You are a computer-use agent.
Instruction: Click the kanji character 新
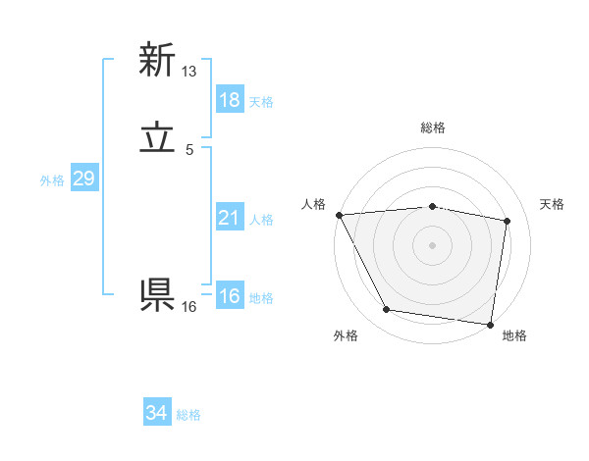(156, 61)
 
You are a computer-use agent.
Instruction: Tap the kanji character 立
(156, 139)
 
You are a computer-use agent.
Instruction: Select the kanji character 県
(156, 294)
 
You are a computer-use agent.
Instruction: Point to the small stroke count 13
(189, 72)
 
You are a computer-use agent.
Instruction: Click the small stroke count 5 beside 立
(189, 150)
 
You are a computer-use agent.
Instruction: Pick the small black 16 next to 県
(189, 307)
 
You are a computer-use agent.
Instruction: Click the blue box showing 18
(229, 100)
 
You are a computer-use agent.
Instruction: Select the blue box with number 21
(229, 218)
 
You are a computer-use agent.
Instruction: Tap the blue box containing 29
(83, 179)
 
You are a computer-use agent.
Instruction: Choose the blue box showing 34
(156, 414)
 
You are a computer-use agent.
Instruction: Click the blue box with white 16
(229, 296)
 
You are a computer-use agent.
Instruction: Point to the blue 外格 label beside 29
(52, 180)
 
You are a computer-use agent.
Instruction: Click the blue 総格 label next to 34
(188, 416)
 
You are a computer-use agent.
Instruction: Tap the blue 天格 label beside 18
(261, 102)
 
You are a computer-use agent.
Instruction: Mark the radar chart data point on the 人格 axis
(339, 215)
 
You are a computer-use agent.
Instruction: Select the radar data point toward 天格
(508, 221)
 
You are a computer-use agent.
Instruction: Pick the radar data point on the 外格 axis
(387, 310)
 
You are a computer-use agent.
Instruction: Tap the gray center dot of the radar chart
(433, 244)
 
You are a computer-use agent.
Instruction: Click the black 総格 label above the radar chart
(433, 128)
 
